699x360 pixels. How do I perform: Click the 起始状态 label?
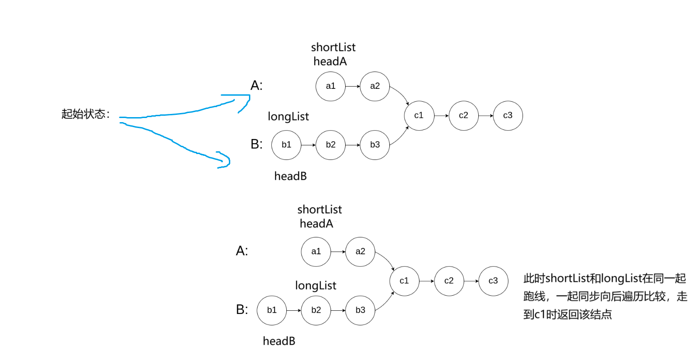(x=86, y=114)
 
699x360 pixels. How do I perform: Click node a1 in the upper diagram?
(x=331, y=86)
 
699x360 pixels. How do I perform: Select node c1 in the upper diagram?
(x=419, y=115)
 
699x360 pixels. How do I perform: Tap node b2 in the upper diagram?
(x=331, y=145)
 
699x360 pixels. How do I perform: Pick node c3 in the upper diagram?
(x=507, y=115)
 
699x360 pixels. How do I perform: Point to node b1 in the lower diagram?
(x=272, y=310)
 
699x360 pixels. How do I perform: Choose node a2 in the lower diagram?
(x=360, y=252)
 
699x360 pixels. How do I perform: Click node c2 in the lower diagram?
(x=449, y=281)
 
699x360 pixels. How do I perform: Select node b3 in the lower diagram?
(x=360, y=310)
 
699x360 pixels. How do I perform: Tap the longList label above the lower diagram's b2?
(x=316, y=286)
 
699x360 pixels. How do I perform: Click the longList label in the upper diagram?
(x=288, y=117)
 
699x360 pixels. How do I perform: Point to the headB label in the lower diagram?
(x=279, y=341)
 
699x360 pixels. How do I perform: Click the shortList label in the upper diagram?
(x=333, y=47)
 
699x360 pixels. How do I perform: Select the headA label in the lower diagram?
(x=316, y=224)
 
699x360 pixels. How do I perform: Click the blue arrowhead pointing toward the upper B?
(x=224, y=160)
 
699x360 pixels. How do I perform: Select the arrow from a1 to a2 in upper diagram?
(x=352, y=86)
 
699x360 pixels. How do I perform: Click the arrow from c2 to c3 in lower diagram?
(x=471, y=281)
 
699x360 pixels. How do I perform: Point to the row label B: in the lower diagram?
(x=242, y=310)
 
